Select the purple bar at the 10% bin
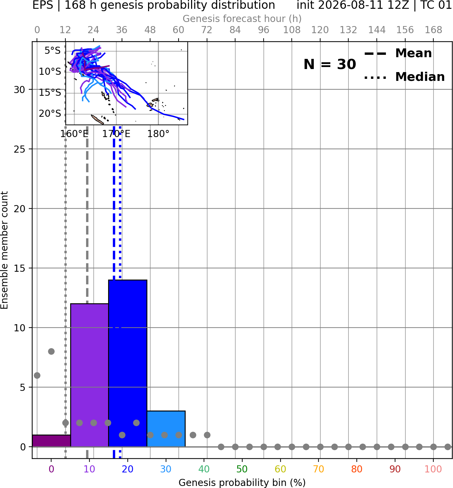(89, 375)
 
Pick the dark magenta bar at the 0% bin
(52, 441)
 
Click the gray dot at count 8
(51, 351)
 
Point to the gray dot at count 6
(37, 375)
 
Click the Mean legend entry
(398, 53)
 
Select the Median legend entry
(404, 77)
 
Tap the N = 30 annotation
(330, 64)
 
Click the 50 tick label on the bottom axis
(242, 469)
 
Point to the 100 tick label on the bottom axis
(433, 469)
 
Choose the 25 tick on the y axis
(19, 149)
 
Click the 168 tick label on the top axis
(433, 30)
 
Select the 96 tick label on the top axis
(264, 30)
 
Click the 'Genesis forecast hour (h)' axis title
(242, 19)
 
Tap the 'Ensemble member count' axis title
(4, 250)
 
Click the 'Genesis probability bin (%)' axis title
(242, 483)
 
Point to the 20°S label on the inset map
(50, 113)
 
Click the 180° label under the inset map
(158, 134)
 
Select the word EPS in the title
(43, 5)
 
